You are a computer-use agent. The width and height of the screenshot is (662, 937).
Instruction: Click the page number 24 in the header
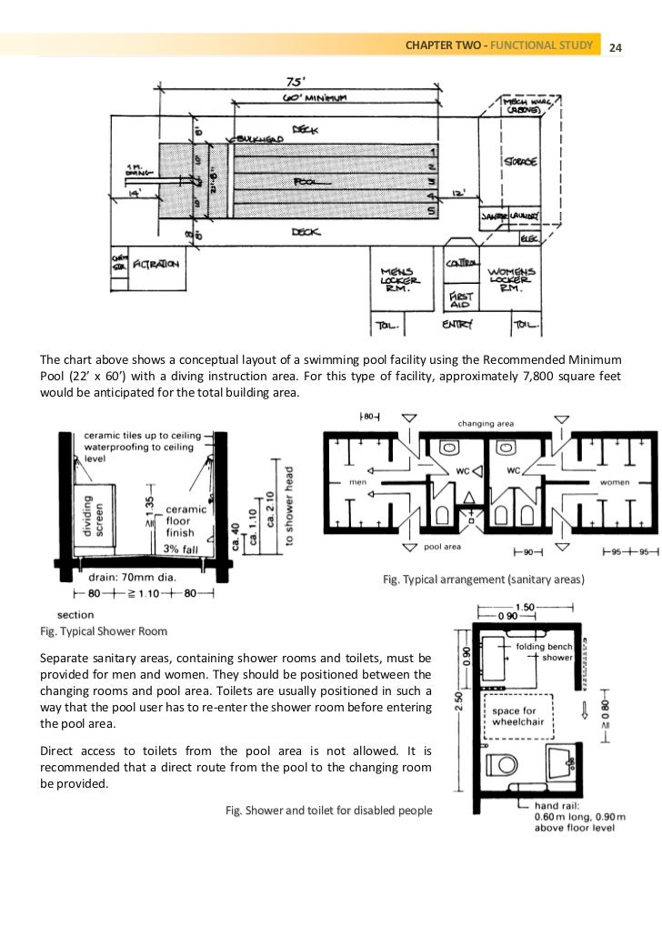[x=615, y=46]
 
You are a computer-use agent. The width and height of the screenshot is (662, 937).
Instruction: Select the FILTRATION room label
[x=155, y=265]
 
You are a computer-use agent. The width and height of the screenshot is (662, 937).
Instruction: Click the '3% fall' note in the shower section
[x=183, y=549]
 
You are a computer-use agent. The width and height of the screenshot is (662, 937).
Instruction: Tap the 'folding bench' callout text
[x=544, y=646]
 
